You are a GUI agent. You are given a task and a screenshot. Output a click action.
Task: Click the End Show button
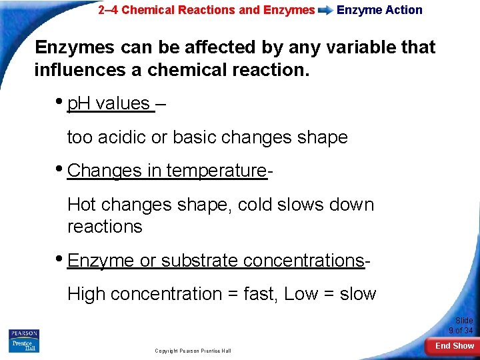tap(454, 346)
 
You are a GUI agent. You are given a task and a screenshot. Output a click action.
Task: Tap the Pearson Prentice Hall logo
tap(24, 340)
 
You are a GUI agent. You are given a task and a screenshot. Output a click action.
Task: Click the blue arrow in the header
tap(325, 11)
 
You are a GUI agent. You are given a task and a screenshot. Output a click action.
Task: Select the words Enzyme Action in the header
tap(379, 10)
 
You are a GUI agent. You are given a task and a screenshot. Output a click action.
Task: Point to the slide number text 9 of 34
tap(461, 331)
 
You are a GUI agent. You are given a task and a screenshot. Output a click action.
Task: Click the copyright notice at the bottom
tap(193, 351)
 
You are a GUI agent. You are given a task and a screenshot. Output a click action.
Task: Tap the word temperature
tap(216, 171)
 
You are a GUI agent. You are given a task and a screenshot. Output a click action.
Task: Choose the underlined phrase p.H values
tap(110, 103)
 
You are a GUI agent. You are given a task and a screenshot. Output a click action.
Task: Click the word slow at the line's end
tap(357, 294)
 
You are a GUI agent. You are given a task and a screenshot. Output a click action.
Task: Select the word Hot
tap(82, 205)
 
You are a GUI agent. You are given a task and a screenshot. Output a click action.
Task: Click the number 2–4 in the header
tap(107, 10)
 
